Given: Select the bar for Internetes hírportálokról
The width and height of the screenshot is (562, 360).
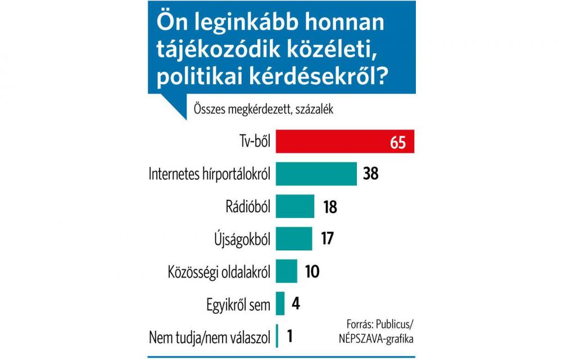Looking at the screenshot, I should point(316,174).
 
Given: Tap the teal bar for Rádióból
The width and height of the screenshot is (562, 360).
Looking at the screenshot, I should point(295,206).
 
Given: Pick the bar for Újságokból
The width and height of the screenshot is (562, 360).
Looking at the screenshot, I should point(294,238).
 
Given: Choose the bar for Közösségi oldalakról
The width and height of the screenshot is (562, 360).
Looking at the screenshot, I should point(287,271).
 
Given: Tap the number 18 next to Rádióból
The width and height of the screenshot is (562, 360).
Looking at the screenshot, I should point(329,207).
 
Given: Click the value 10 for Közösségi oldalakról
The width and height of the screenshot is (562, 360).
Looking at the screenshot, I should point(312,271).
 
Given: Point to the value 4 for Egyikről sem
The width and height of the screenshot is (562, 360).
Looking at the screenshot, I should point(296,304).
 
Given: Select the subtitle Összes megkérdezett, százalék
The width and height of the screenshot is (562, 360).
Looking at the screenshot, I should point(263,109).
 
